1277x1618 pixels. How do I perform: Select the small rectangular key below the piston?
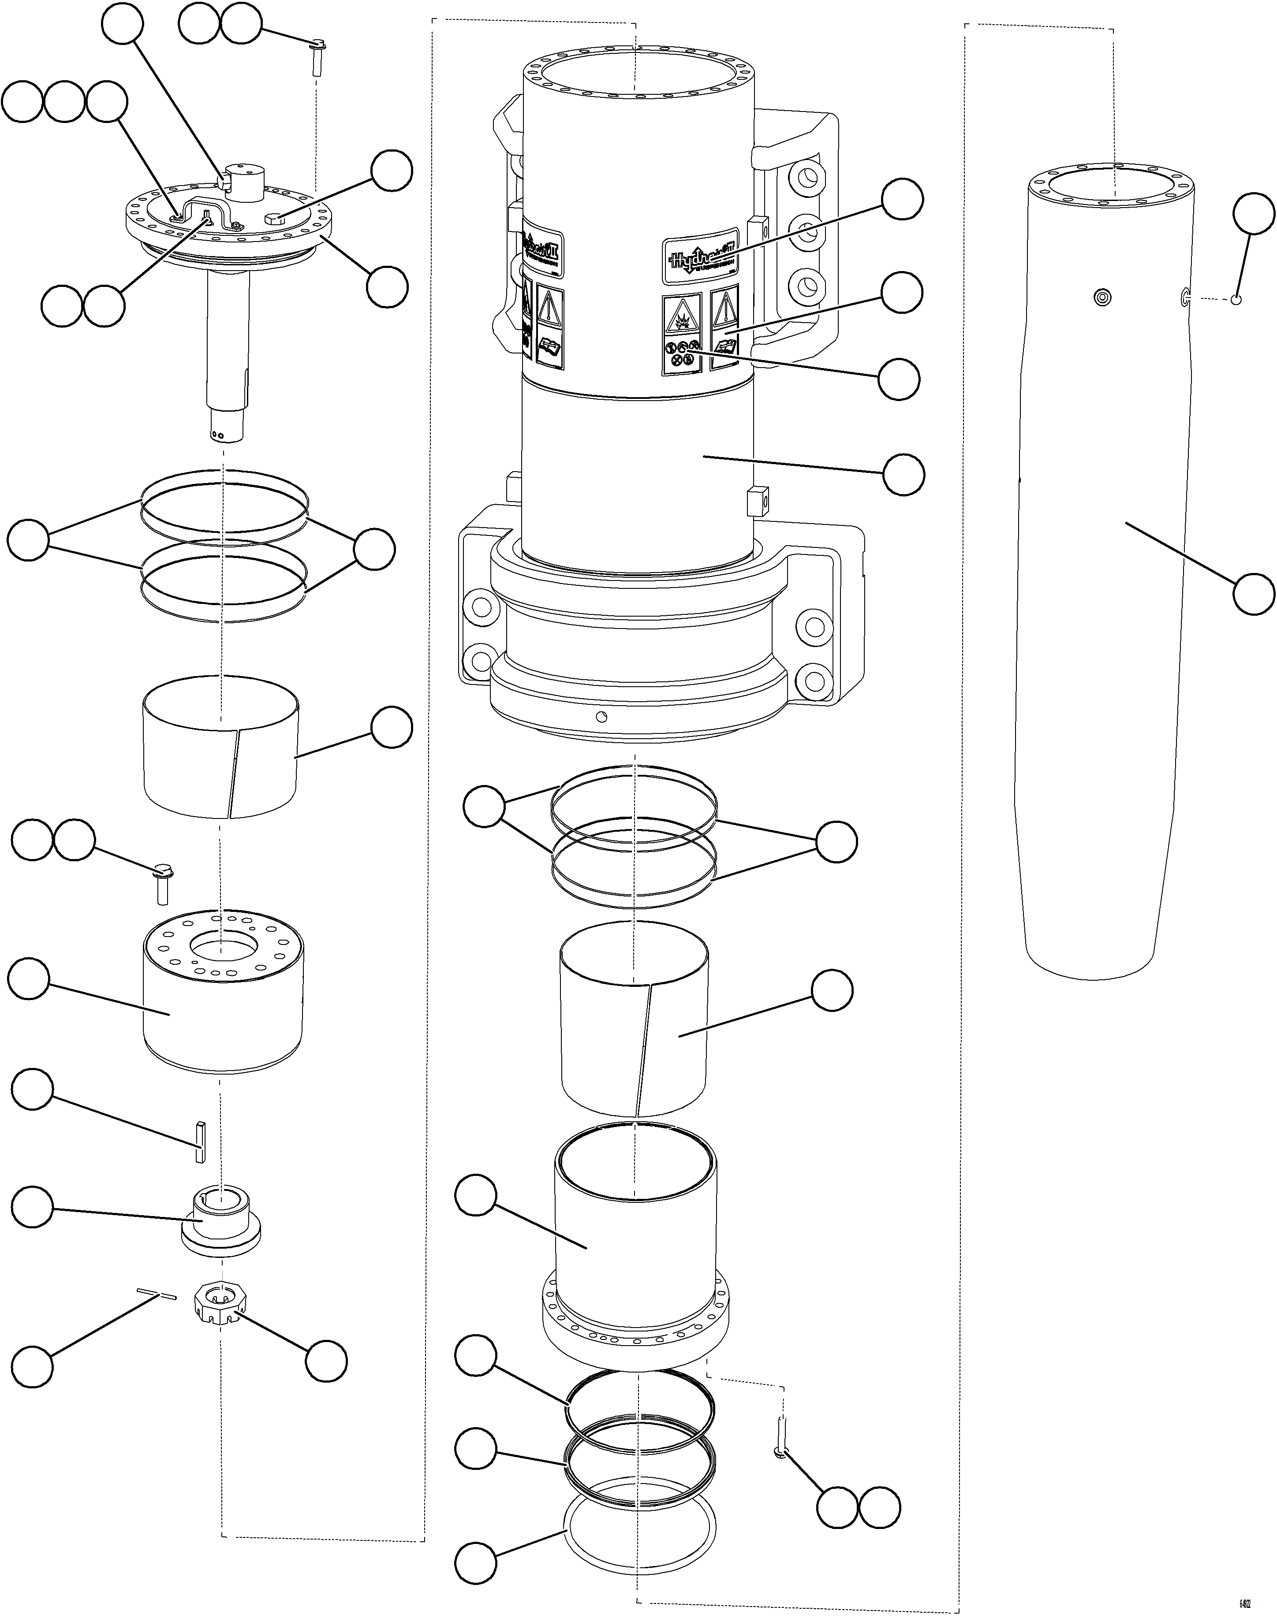(x=199, y=1141)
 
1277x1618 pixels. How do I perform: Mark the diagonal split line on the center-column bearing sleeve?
(x=643, y=1046)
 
